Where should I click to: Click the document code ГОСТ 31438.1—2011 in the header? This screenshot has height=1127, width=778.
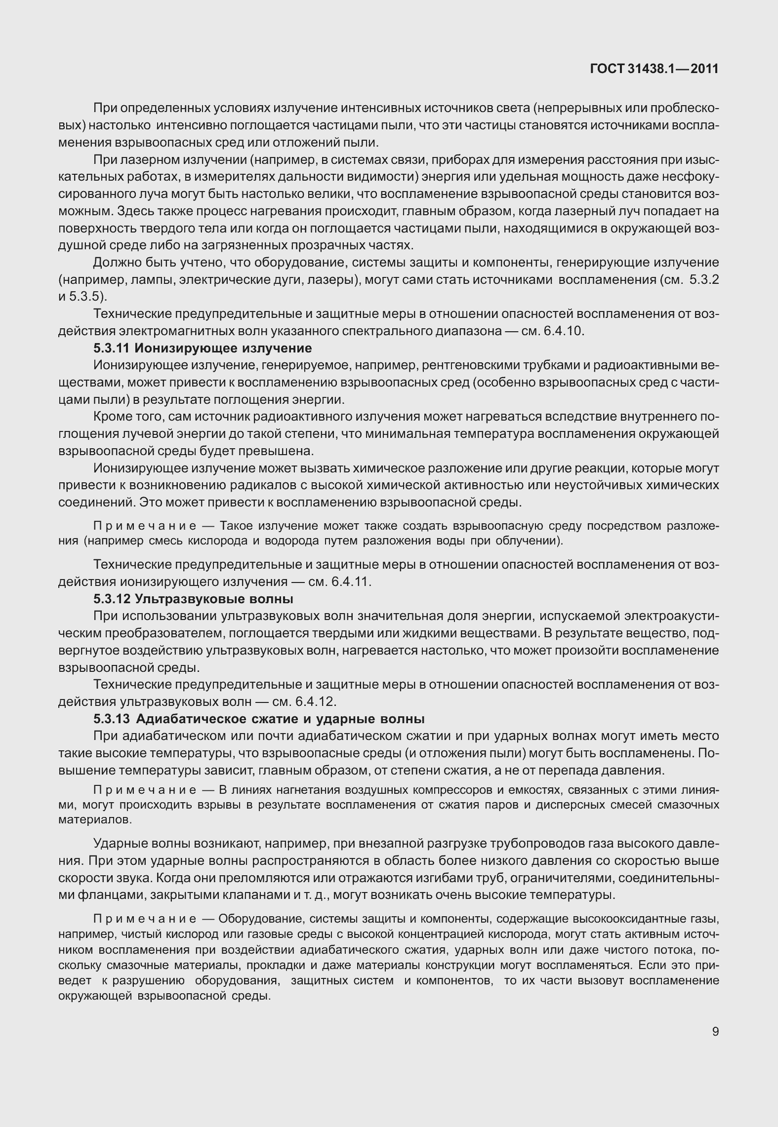tap(654, 69)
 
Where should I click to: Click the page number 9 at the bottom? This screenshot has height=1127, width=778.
tap(715, 1032)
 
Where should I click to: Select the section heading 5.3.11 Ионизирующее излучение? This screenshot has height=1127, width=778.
tap(203, 349)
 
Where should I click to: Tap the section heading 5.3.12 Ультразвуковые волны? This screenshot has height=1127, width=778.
tap(193, 599)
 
